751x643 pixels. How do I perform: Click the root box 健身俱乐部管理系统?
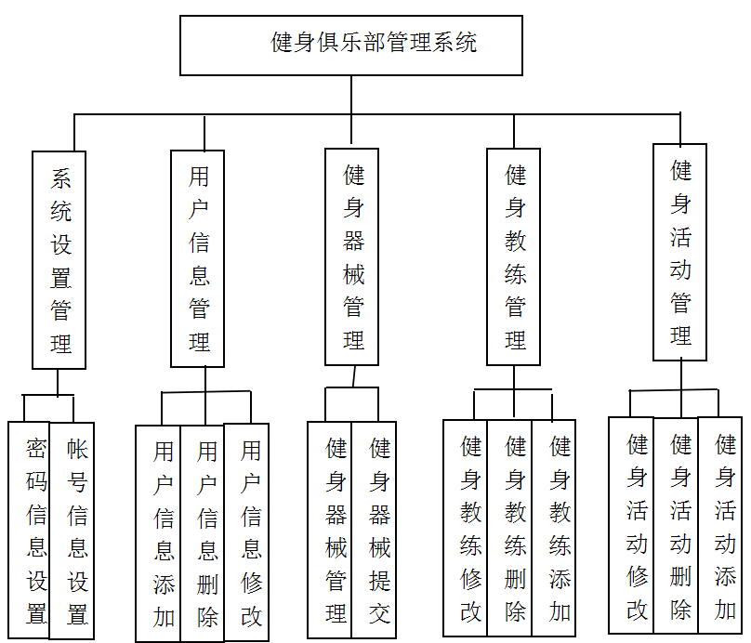(350, 46)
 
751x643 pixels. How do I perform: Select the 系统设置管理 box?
(59, 260)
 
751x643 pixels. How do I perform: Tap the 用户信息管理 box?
(198, 258)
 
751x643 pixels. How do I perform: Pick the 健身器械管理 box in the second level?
(352, 256)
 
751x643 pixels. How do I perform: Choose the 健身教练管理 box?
(514, 256)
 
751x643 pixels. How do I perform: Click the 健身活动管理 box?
(679, 252)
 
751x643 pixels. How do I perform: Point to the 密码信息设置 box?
(29, 530)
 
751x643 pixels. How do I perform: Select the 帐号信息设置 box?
(72, 530)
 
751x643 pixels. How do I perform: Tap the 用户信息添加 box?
(158, 532)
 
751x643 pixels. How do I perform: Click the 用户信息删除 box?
(203, 532)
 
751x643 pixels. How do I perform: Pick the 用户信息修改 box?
(247, 532)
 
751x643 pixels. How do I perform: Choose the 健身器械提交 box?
(374, 529)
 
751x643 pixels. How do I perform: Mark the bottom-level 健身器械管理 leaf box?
(330, 529)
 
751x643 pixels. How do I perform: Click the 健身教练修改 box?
(466, 527)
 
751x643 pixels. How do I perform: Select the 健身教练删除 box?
(510, 527)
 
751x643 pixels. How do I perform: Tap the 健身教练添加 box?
(554, 527)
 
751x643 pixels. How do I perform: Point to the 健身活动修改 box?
(631, 525)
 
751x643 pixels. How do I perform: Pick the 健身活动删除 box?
(676, 525)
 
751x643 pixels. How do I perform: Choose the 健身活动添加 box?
(720, 525)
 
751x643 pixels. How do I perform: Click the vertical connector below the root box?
(351, 95)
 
